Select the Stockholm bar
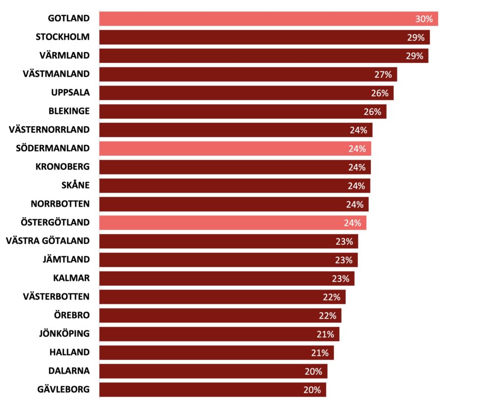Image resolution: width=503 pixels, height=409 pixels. tap(264, 37)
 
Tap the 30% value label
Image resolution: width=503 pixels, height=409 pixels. tap(424, 19)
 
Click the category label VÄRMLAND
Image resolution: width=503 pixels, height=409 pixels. tap(64, 56)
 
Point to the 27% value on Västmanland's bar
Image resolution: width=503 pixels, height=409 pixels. tap(383, 75)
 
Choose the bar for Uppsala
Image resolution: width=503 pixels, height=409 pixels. tap(246, 93)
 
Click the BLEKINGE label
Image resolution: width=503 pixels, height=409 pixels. tap(69, 111)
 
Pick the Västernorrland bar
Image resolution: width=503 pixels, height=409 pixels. tap(236, 130)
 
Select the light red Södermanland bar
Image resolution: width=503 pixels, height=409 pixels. tap(235, 148)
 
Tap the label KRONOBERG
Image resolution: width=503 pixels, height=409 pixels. tap(62, 167)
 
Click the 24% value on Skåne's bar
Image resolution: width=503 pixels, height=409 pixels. tap(357, 186)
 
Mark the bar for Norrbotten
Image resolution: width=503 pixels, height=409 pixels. tap(233, 204)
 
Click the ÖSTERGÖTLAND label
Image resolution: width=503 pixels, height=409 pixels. tap(55, 222)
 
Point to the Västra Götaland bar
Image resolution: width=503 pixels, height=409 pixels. tap(228, 241)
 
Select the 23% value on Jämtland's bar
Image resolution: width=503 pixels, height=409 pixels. tap(344, 260)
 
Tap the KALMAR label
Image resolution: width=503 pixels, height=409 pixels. tap(71, 278)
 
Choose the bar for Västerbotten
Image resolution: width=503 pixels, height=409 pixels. tap(222, 297)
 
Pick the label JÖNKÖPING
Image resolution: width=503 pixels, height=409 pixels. tap(64, 333)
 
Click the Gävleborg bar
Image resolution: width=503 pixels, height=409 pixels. tap(212, 390)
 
